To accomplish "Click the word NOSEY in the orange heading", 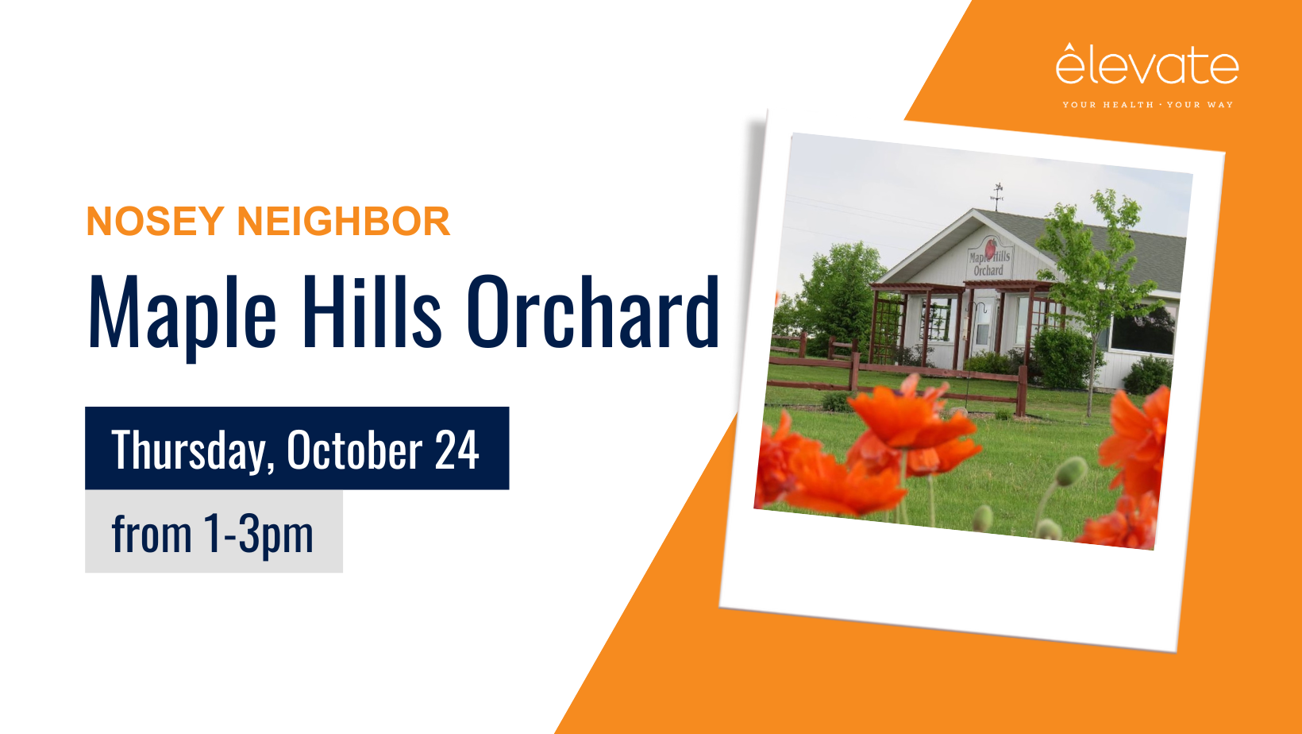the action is pyautogui.click(x=155, y=221).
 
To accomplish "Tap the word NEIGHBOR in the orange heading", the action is pyautogui.click(x=344, y=221).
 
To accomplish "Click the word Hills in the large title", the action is pyautogui.click(x=372, y=311).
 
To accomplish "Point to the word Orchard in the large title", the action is pyautogui.click(x=593, y=311).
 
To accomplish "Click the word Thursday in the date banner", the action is pyautogui.click(x=192, y=450).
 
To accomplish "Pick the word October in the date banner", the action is pyautogui.click(x=355, y=449).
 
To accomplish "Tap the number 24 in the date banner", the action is pyautogui.click(x=456, y=450).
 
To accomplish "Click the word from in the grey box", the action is pyautogui.click(x=151, y=533).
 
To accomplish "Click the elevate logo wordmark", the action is pyautogui.click(x=1147, y=64).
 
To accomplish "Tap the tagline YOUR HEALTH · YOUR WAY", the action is pyautogui.click(x=1148, y=105).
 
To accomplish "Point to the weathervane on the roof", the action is pyautogui.click(x=997, y=196).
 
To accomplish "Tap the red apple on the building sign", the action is pyautogui.click(x=991, y=247).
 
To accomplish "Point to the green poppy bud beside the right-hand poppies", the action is pyautogui.click(x=1071, y=471).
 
